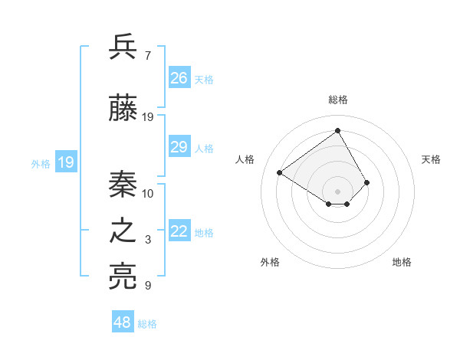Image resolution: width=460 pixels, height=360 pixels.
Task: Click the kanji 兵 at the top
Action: coord(123,47)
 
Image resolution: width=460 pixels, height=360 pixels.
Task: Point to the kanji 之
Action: coord(123,232)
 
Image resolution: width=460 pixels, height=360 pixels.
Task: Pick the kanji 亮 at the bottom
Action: coord(123,277)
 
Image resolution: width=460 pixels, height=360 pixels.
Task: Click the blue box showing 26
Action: coord(179,78)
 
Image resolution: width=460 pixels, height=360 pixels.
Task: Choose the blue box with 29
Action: coord(179,147)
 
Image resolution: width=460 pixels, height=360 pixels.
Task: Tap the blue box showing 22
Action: coord(179,232)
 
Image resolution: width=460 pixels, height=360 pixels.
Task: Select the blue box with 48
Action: coord(123,322)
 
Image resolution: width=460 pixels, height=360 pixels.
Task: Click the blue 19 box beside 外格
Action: coord(66,162)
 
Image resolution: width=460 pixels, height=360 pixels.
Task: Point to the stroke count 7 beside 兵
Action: coord(147,56)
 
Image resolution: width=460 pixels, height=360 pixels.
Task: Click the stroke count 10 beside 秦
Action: coord(148,193)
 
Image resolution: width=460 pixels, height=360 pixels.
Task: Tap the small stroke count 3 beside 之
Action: coord(147,241)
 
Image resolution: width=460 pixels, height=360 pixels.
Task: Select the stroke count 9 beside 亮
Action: coord(147,286)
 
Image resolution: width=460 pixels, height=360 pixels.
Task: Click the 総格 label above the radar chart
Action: coord(337,100)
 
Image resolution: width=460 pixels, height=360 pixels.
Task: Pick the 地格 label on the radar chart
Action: coord(402,262)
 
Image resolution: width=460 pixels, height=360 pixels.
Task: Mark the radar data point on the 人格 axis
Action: coord(280,173)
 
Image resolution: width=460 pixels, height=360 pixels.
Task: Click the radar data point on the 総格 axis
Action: coord(337,131)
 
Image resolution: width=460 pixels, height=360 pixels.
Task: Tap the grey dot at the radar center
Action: coord(337,191)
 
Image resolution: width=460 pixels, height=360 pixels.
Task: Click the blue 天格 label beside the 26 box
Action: coord(204,79)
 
